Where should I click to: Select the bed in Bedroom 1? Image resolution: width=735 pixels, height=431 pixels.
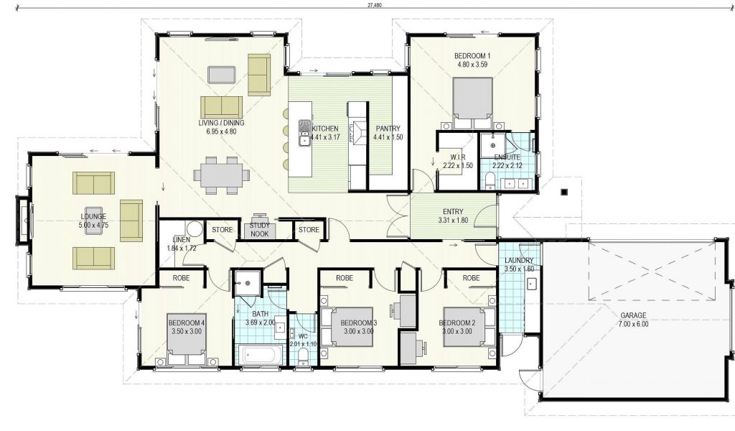(x=472, y=103)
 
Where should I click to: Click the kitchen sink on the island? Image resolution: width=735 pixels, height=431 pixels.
(x=304, y=133)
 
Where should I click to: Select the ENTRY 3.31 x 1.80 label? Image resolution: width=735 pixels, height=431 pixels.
(x=453, y=215)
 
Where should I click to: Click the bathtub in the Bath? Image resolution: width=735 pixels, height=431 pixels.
(x=260, y=355)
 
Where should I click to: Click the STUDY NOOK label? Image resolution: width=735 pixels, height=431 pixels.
(x=260, y=229)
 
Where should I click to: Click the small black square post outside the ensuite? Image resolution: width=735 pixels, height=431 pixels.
(x=564, y=191)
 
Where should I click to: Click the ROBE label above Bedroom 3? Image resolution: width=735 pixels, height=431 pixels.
(x=345, y=278)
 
